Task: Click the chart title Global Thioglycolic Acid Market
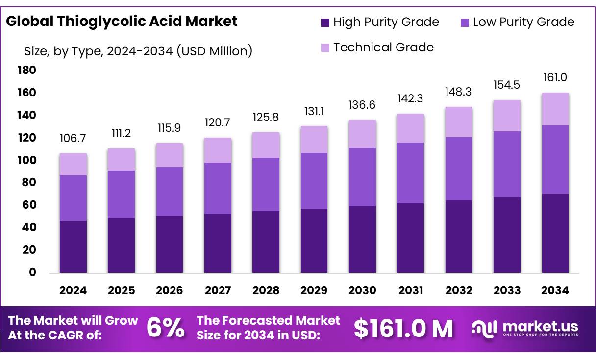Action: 122,21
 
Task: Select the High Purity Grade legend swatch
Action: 325,22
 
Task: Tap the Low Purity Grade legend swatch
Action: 465,22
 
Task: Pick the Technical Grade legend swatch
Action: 325,48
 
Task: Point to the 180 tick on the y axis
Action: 27,71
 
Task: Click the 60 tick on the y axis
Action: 29,205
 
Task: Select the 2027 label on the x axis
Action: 218,290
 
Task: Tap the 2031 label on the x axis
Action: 411,290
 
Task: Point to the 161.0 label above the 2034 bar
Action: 555,78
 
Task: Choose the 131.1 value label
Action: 314,112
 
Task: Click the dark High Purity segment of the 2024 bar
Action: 73,246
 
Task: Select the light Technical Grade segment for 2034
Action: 555,109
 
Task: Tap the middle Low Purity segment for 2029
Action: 314,181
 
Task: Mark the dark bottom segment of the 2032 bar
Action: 459,236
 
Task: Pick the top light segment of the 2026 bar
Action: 170,155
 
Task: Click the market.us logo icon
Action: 484,328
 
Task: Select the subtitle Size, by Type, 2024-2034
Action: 138,50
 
